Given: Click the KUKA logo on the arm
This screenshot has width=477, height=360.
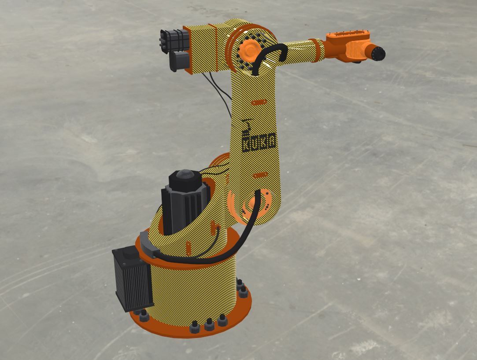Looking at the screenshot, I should point(259,142).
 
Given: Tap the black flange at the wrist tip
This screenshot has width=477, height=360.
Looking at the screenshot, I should point(378,53).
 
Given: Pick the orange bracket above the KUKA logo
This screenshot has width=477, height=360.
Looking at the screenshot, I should point(259,103).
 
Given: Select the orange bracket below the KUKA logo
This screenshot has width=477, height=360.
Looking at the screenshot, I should point(260,175).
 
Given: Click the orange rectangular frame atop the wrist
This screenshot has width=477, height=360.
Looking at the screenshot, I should point(348,36).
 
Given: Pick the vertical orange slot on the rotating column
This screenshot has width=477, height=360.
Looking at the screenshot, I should point(188,249).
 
